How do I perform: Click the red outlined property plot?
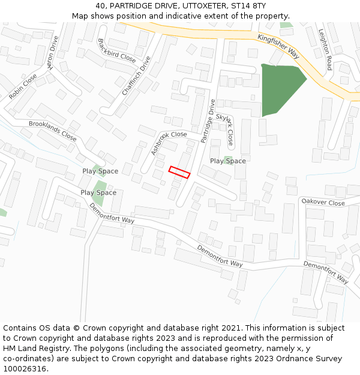tap(179, 172)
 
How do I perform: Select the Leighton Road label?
tap(325, 50)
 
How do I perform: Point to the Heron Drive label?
tap(53, 53)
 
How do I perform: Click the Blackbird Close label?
tap(116, 50)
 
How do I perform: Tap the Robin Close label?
tap(23, 86)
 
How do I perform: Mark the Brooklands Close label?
tap(53, 131)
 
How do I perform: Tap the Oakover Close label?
tap(323, 202)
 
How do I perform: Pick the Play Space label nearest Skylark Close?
tap(228, 161)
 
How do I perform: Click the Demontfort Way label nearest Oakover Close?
tap(325, 271)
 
